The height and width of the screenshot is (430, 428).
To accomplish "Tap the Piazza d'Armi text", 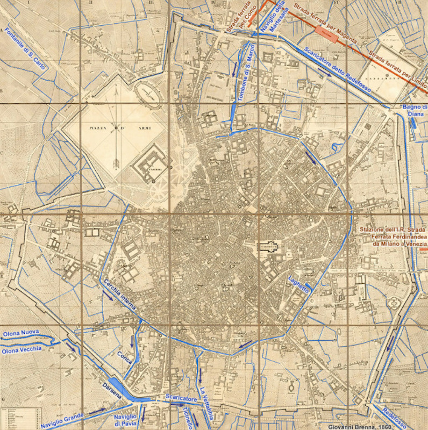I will pyautogui.click(x=115, y=128).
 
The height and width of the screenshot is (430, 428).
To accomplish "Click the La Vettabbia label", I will pyautogui.click(x=205, y=400).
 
